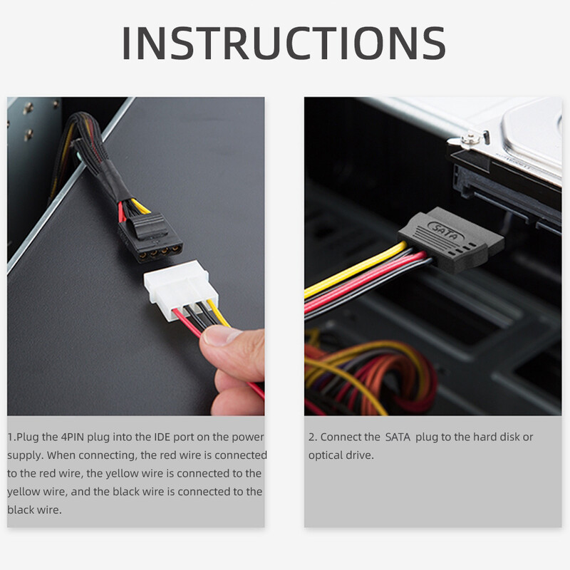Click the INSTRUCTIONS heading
[x=284, y=43]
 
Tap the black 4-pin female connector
[x=152, y=237]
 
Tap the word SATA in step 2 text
[x=398, y=437]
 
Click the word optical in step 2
[x=327, y=455]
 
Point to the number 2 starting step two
[x=311, y=437]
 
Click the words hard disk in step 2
[x=491, y=437]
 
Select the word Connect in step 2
[x=340, y=437]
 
